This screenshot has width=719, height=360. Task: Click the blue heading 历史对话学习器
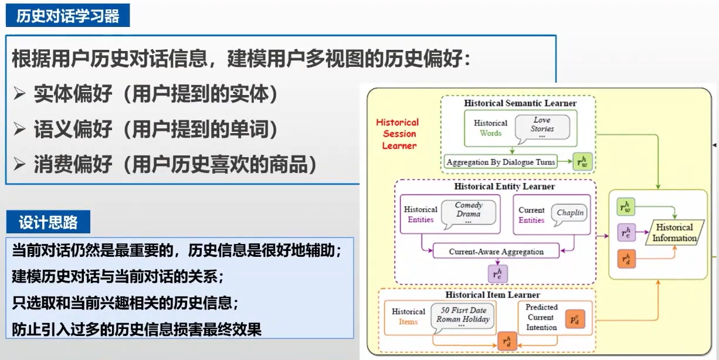click(67, 16)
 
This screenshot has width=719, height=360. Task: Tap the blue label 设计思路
click(48, 223)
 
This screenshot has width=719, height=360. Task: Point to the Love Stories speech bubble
click(542, 127)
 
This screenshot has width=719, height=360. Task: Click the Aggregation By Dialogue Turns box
click(500, 162)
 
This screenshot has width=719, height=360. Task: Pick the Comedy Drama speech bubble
click(468, 213)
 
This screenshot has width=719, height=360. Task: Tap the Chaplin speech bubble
click(570, 213)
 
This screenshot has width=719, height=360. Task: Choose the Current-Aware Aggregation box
click(496, 252)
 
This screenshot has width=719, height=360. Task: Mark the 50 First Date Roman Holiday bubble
click(463, 317)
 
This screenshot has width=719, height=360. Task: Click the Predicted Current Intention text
click(541, 317)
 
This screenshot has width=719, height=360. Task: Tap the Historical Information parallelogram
click(674, 233)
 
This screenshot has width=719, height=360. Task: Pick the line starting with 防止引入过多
click(137, 330)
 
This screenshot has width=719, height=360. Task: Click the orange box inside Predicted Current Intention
click(575, 318)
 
